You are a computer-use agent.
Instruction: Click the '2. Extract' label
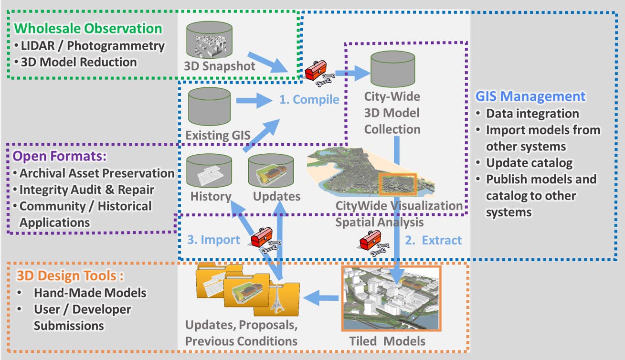434,240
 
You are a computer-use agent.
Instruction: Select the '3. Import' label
213,239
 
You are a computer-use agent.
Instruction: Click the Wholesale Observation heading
87,29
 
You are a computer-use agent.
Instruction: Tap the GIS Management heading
530,96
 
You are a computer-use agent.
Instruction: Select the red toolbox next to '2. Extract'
370,239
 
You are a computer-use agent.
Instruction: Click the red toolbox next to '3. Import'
262,236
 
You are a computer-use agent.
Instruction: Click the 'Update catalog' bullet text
529,163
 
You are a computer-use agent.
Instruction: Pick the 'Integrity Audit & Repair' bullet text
86,190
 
